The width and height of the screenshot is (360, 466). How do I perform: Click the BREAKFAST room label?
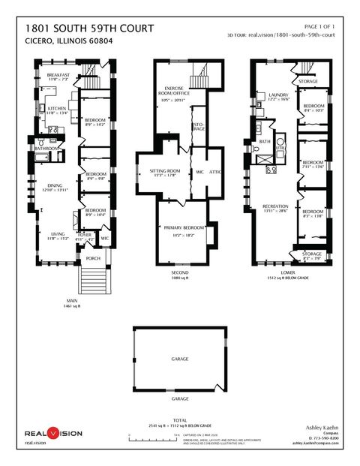58,76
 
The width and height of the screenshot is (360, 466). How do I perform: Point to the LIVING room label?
57,234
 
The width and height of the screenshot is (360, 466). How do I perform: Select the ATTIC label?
214,171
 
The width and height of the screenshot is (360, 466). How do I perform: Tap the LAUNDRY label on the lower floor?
278,95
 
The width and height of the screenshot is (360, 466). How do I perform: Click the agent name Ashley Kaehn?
322,425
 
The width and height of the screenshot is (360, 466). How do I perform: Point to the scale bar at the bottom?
153,434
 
